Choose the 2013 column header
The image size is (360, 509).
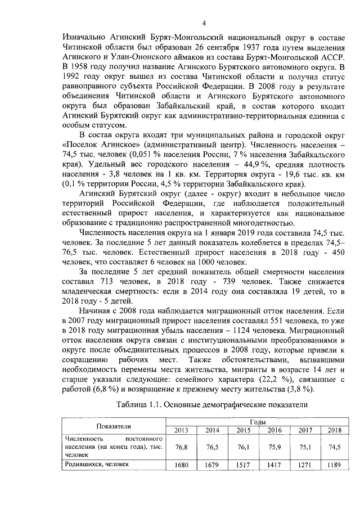pyautogui.click(x=181, y=431)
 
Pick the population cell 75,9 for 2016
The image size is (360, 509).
pyautogui.click(x=274, y=448)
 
